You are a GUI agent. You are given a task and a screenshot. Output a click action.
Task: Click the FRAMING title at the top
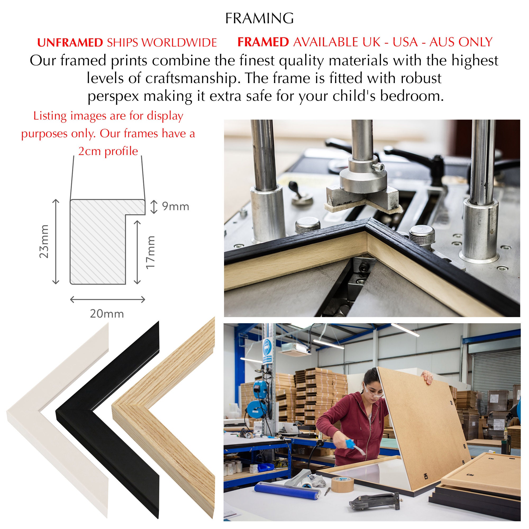[259, 18]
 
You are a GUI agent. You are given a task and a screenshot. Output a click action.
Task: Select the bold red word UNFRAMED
[70, 42]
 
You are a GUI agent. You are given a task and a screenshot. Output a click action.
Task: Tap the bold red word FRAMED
[263, 42]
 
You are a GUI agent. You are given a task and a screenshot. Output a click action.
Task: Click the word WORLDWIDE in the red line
[179, 42]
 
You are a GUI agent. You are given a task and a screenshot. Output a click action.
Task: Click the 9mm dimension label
[176, 207]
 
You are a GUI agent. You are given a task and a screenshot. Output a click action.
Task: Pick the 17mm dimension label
[150, 252]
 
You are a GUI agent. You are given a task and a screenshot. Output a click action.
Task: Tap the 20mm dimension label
[107, 314]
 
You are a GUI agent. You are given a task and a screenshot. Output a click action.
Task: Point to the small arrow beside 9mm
[154, 207]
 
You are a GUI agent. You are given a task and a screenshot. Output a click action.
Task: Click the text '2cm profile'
[108, 151]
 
